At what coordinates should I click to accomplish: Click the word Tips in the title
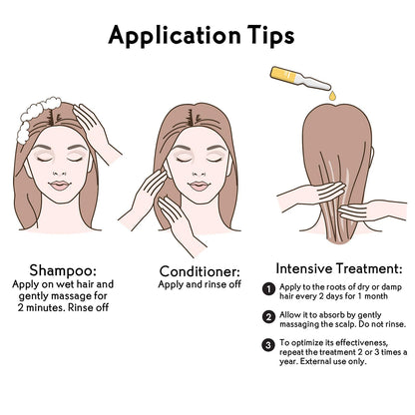tap(270, 35)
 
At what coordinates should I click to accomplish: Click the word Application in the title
tap(175, 36)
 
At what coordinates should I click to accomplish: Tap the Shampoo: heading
tap(63, 270)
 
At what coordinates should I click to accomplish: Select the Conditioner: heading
tap(200, 271)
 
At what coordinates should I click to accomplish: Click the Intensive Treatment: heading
tap(339, 268)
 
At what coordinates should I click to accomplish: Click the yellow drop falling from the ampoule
tap(332, 96)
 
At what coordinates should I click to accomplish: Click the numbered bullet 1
tap(268, 289)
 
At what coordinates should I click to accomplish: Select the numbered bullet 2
tap(268, 317)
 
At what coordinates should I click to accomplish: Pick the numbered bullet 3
tap(268, 345)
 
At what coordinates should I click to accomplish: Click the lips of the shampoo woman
tap(60, 185)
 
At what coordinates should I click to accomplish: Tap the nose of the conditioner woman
tap(199, 173)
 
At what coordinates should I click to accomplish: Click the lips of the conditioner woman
tap(199, 186)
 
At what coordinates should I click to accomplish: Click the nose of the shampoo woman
tap(60, 172)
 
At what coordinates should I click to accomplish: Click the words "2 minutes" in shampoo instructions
tap(41, 307)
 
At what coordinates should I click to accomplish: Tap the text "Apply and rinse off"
tap(200, 284)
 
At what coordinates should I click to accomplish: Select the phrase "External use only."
tap(333, 361)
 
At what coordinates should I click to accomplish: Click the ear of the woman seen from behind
tap(372, 156)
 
